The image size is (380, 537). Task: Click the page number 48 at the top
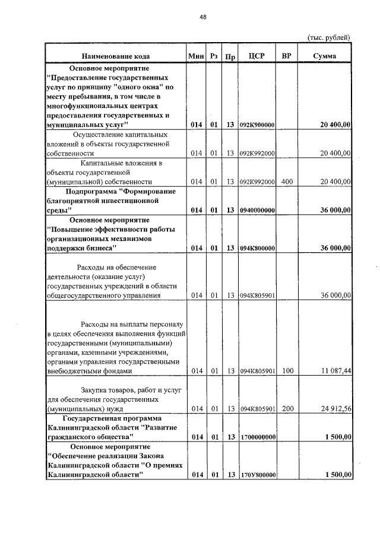202,18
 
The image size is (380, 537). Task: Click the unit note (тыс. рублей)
328,37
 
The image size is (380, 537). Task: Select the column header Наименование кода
116,56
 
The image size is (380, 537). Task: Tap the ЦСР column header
256,56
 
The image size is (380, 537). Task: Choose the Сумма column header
325,56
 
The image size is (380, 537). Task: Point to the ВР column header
287,56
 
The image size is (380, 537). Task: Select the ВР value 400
287,181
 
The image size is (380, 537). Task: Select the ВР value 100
287,371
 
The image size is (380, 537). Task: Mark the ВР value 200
287,408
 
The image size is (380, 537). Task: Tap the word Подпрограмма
90,191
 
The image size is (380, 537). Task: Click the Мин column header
196,56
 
